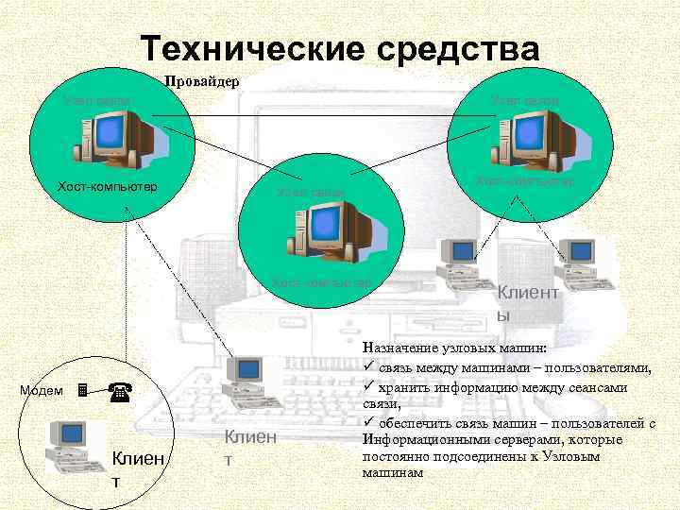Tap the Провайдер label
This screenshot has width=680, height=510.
[x=203, y=81]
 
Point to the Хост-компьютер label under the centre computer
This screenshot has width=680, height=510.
[x=320, y=281]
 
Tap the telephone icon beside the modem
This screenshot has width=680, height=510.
[x=118, y=389]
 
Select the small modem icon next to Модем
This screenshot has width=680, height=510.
[x=82, y=390]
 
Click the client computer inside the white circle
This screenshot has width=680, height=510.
[x=75, y=443]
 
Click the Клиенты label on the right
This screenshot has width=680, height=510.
[x=528, y=304]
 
